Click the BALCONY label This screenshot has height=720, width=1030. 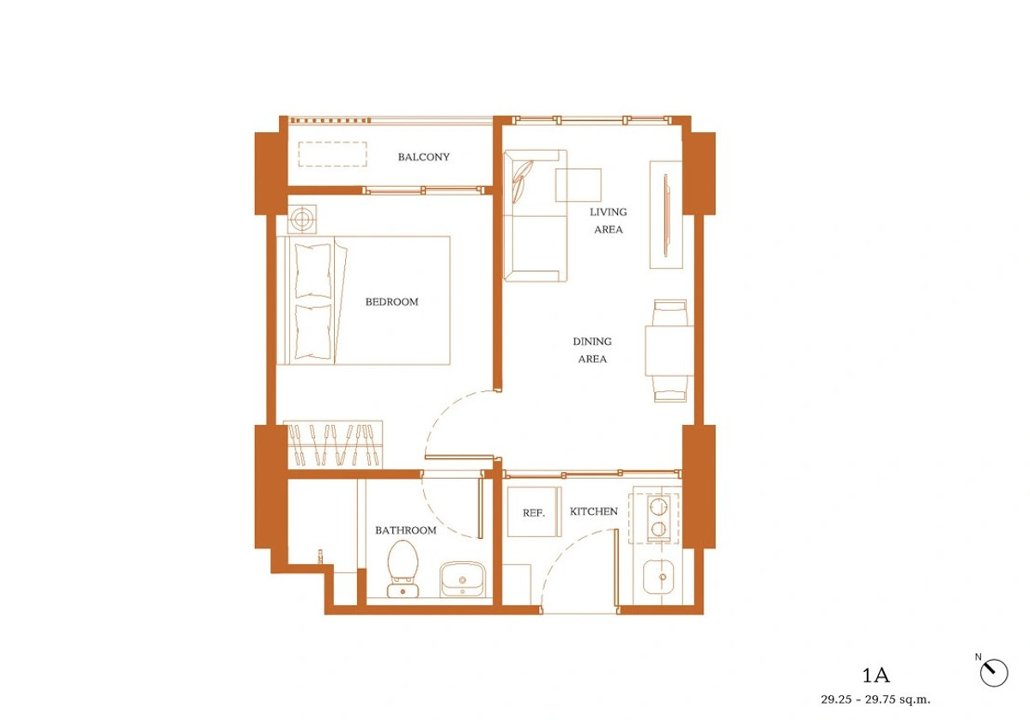tap(423, 157)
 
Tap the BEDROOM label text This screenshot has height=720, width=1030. tap(391, 302)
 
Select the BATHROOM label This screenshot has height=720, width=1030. tap(405, 530)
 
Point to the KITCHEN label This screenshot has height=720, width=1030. tap(594, 511)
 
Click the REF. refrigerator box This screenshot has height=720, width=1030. tap(534, 511)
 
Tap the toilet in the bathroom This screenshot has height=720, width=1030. tap(403, 569)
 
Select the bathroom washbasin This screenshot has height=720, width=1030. tap(462, 580)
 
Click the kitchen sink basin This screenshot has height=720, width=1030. tap(658, 577)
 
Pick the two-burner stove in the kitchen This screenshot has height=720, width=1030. tap(658, 517)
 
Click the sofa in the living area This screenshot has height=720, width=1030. tap(536, 215)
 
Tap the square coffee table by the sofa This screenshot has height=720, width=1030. tap(578, 185)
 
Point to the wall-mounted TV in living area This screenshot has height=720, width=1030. tap(666, 215)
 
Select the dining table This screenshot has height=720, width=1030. tap(669, 350)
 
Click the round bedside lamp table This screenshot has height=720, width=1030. tap(302, 219)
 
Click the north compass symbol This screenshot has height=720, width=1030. tap(994, 673)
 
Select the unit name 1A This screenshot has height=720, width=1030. tap(875, 675)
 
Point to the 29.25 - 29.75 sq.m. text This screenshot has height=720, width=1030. tap(875, 699)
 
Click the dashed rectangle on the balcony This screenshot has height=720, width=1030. tap(332, 154)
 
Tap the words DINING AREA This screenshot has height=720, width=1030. tap(592, 350)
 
